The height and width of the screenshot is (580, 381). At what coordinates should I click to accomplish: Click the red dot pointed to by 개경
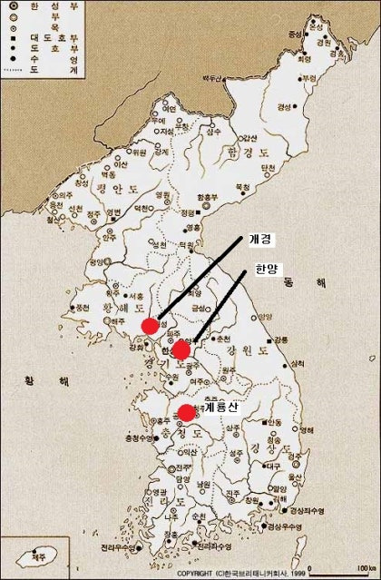coord(151,326)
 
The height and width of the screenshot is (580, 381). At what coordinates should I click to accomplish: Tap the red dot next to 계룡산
coord(187,413)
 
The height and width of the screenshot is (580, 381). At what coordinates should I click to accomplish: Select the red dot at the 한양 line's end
coord(181,350)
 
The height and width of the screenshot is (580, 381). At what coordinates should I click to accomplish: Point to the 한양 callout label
coord(269,270)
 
